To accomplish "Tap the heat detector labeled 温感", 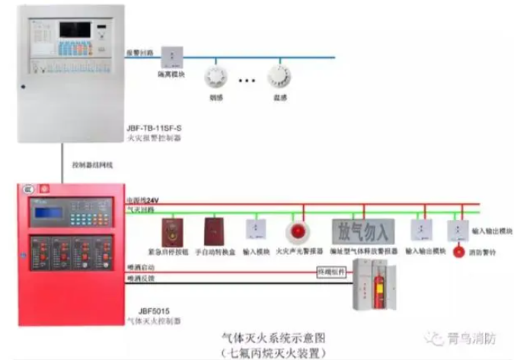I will coord(279,76).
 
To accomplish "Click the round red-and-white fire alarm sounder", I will coord(296,231).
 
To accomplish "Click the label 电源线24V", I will coord(142,199).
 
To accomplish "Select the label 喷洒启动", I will coord(140,268).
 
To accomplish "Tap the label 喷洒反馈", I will coord(140,280).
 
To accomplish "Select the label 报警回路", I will coord(142,53).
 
